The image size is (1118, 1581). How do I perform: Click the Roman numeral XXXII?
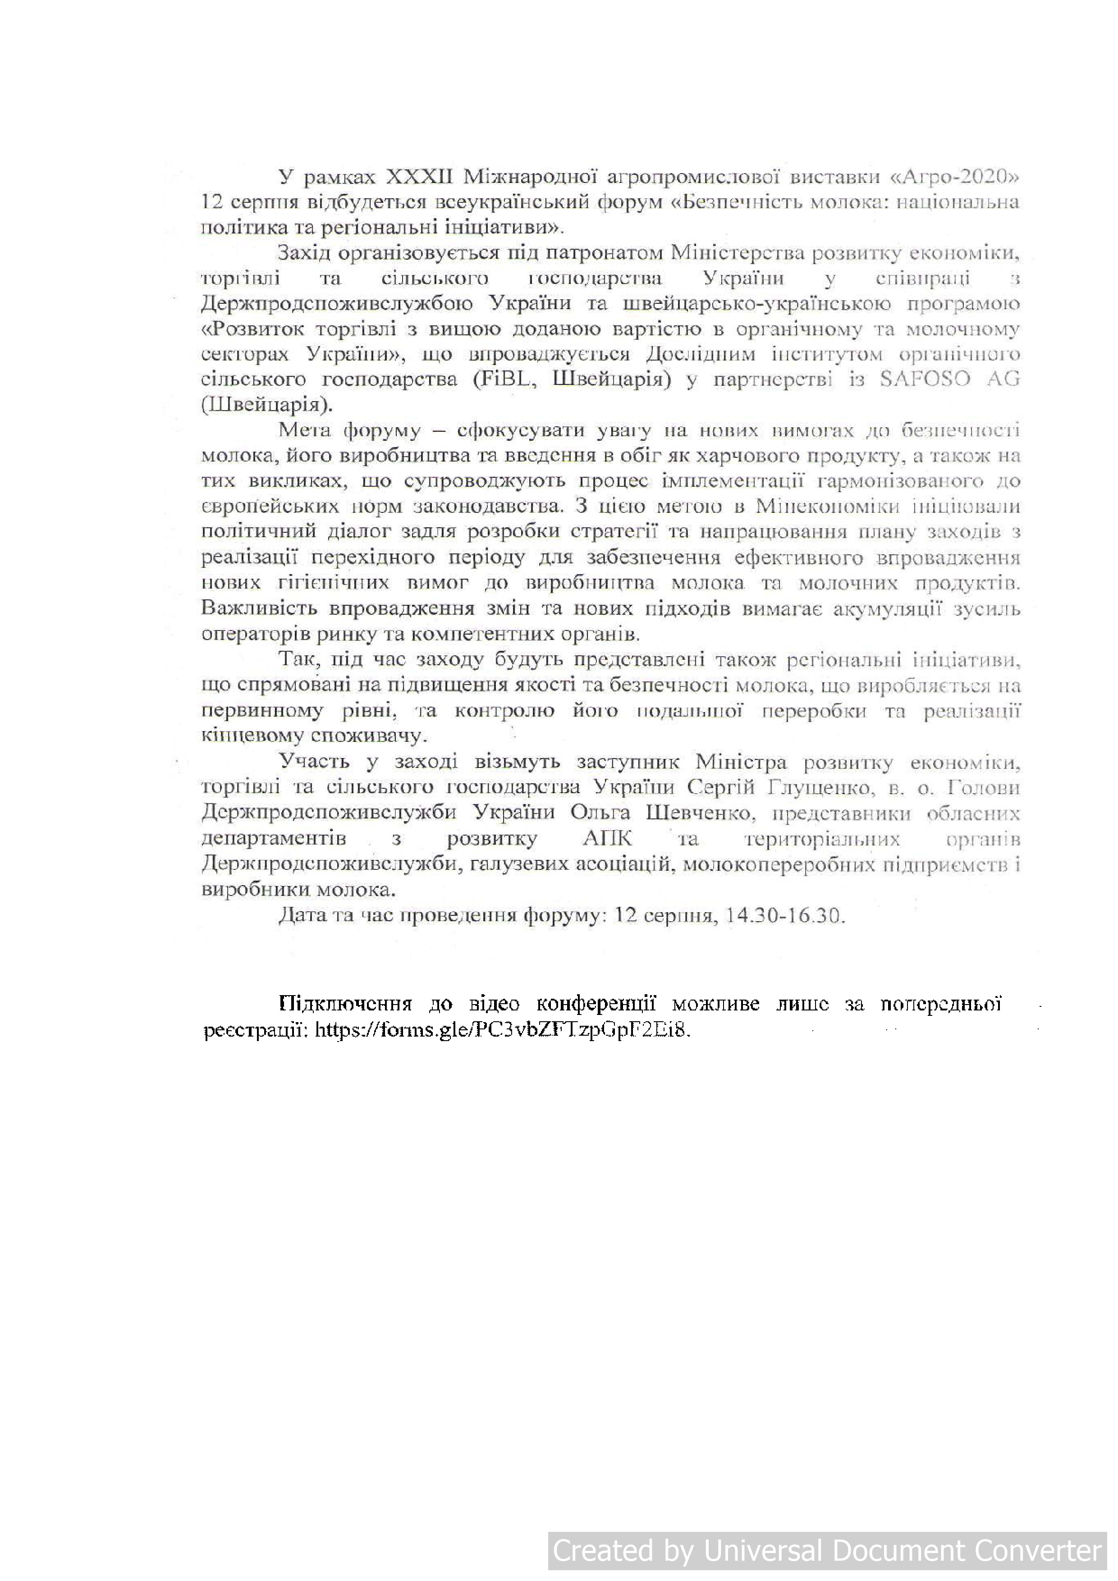(x=419, y=178)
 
